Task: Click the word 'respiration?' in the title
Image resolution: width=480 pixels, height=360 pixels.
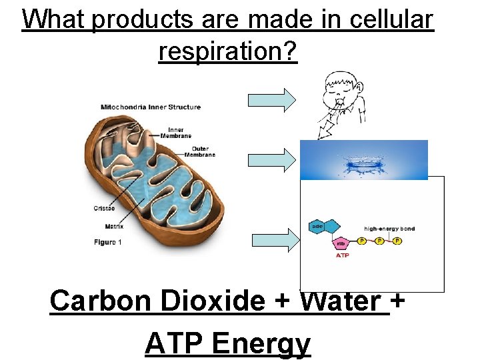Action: point(227,51)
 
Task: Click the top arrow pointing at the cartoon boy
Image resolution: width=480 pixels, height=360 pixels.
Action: point(272,99)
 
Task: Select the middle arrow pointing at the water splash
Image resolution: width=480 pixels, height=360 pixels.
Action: point(272,160)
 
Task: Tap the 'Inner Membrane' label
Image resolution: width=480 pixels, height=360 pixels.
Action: point(176,132)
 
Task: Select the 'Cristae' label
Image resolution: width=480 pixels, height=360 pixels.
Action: point(104,209)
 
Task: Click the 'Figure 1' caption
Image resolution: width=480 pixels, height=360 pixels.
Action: point(107,242)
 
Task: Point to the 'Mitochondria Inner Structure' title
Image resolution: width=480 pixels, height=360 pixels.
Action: point(150,107)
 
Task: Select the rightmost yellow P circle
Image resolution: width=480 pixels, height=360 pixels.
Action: point(397,240)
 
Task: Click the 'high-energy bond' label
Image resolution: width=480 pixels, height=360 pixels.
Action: point(389,229)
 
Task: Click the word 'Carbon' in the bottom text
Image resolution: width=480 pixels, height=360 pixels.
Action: point(90,301)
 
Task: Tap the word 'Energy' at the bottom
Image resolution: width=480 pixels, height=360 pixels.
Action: point(261,344)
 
